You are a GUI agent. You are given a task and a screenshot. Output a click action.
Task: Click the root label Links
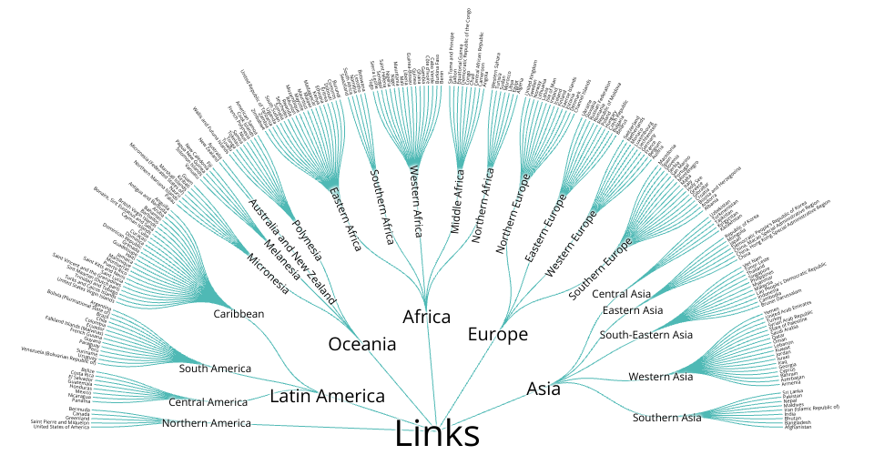437,433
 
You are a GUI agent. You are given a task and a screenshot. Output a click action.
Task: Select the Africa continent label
427,317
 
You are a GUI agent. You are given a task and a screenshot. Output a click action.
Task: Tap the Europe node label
498,334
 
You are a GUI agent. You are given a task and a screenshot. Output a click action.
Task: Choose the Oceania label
362,344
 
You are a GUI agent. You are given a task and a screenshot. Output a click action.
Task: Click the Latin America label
328,396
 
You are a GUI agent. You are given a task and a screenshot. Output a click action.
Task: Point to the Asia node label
544,389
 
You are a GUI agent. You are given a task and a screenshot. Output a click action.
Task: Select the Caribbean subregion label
239,314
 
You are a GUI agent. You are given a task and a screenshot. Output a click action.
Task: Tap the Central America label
208,402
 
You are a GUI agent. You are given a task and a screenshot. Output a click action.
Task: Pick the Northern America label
206,423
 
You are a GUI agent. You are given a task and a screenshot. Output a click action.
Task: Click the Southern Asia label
667,418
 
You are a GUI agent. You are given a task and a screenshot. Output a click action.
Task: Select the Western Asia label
661,377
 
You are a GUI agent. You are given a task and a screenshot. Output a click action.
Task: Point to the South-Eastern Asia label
645,335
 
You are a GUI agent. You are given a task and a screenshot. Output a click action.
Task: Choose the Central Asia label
622,293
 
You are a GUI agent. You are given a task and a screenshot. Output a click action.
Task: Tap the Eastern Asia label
633,311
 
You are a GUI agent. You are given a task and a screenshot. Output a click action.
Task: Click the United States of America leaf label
65,428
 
